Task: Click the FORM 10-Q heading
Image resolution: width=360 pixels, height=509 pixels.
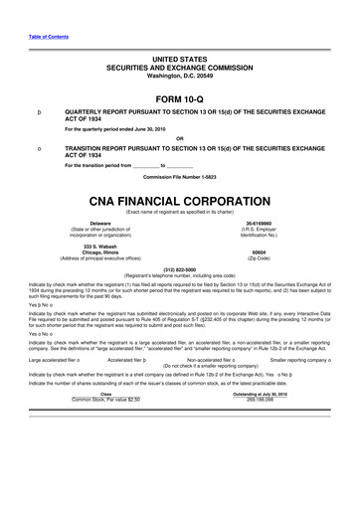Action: (180, 98)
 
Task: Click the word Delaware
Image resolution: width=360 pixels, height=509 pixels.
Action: (100, 223)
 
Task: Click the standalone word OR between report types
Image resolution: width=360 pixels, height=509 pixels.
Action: (180, 138)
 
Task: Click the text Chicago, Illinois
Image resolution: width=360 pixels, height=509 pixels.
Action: (100, 252)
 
